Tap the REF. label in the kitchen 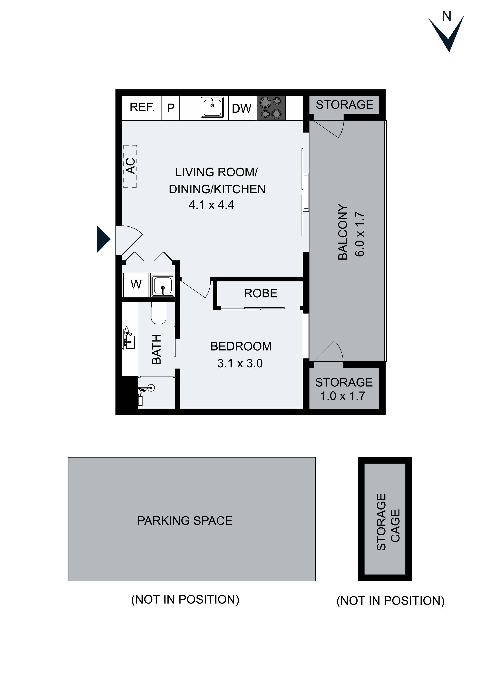142,107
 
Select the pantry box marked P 171,108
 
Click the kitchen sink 212,107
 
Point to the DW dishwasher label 241,109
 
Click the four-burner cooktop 271,108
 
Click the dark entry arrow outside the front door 103,239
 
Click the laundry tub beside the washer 162,286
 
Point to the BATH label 156,349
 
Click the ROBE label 261,293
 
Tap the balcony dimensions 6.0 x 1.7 360,234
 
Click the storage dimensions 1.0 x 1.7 343,396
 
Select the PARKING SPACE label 185,521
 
